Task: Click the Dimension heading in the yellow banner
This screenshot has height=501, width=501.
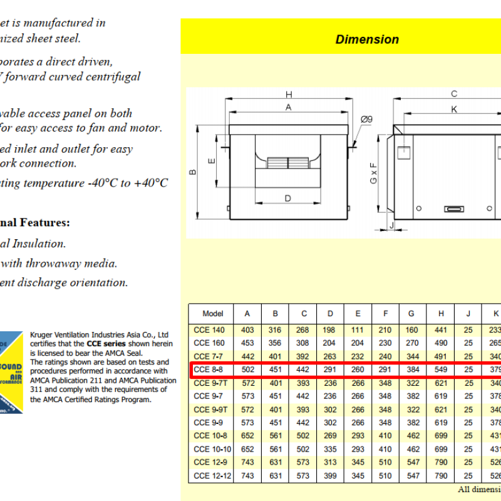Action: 367,39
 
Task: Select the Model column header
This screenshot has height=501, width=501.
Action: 213,314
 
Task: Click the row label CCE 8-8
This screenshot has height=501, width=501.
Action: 209,369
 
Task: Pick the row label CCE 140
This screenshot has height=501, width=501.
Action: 209,329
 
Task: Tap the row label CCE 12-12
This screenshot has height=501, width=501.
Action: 212,476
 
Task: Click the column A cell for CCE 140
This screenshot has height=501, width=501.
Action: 247,329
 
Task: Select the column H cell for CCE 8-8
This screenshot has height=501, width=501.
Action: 442,369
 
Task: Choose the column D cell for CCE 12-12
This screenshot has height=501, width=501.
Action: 330,476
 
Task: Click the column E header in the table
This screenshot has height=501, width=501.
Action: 358,314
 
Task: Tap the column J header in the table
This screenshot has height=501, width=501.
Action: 468,314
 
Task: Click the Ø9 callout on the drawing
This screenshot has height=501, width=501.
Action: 366,119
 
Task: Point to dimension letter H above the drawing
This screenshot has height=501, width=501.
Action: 289,95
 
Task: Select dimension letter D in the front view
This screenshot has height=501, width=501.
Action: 288,199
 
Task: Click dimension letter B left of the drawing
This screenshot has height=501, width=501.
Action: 194,172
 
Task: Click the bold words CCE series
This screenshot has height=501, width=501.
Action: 106,343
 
